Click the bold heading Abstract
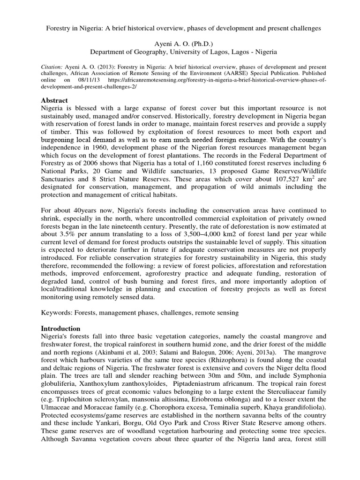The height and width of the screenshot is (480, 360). (x=55, y=100)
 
